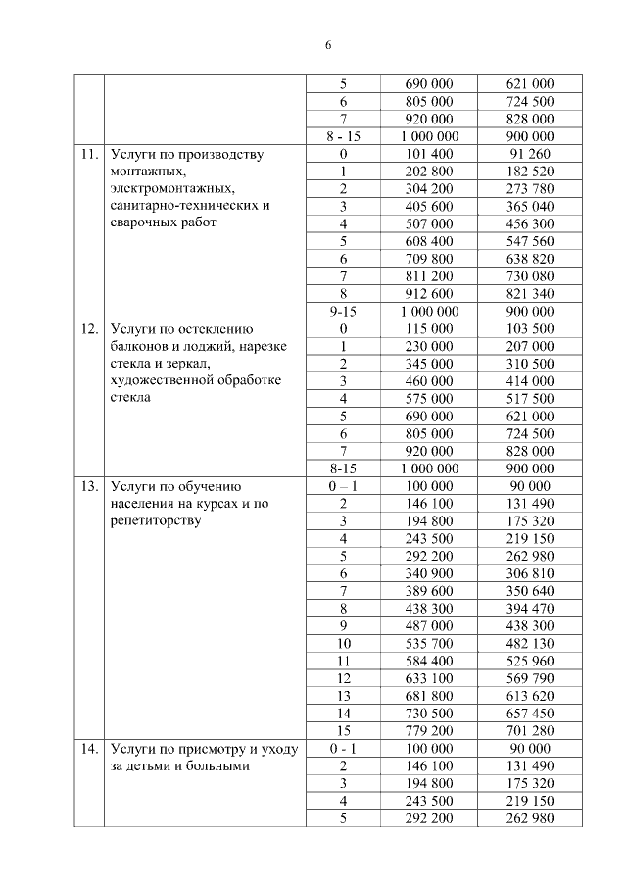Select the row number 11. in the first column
(x=88, y=154)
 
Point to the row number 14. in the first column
(x=88, y=749)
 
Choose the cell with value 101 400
(x=429, y=154)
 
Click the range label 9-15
(x=343, y=311)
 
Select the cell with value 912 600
(x=429, y=293)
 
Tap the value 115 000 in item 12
(x=429, y=328)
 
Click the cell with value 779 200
(x=429, y=731)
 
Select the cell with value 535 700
(x=429, y=644)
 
